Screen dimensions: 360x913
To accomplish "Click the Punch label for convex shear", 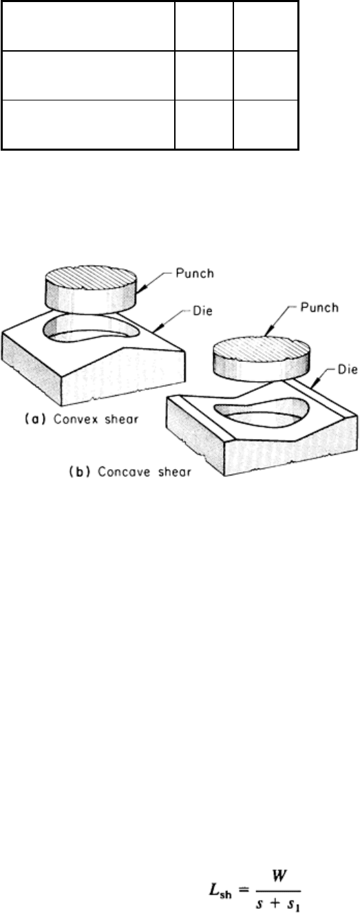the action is (x=195, y=273).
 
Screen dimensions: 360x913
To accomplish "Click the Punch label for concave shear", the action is (x=319, y=307).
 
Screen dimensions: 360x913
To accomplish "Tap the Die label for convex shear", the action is (x=202, y=311).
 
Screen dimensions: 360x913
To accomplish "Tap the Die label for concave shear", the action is (x=348, y=369).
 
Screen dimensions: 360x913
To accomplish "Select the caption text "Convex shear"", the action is (x=96, y=419).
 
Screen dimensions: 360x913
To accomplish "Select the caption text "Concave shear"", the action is (x=145, y=471).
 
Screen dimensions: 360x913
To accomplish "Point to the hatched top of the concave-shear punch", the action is (x=261, y=354).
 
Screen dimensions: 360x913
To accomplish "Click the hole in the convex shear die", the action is (x=92, y=328).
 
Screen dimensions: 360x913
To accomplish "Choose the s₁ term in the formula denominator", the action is (x=293, y=903).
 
